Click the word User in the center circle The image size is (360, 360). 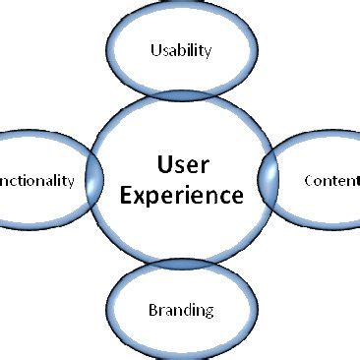point(180,161)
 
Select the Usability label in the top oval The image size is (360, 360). point(180,51)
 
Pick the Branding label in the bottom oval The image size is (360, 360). point(180,311)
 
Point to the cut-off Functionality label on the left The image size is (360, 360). point(36,181)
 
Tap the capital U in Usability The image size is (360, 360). point(154,50)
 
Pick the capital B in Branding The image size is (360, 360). point(152,310)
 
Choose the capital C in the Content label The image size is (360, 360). point(310,181)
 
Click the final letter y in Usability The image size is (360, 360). point(208,53)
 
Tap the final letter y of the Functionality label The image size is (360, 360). point(70,183)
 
